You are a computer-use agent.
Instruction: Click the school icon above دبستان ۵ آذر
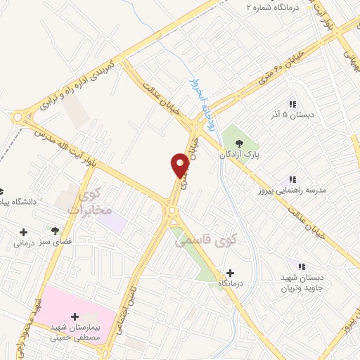click(292, 103)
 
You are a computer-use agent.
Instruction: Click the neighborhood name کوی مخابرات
click(88, 200)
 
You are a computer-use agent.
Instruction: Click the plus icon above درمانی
click(24, 232)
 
